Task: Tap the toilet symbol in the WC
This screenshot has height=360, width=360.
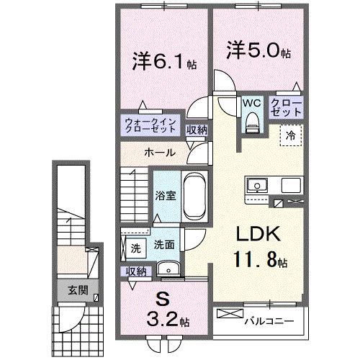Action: click(250, 122)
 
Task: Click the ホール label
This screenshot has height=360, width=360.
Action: click(157, 153)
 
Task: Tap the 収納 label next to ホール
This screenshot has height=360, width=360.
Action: click(197, 130)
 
